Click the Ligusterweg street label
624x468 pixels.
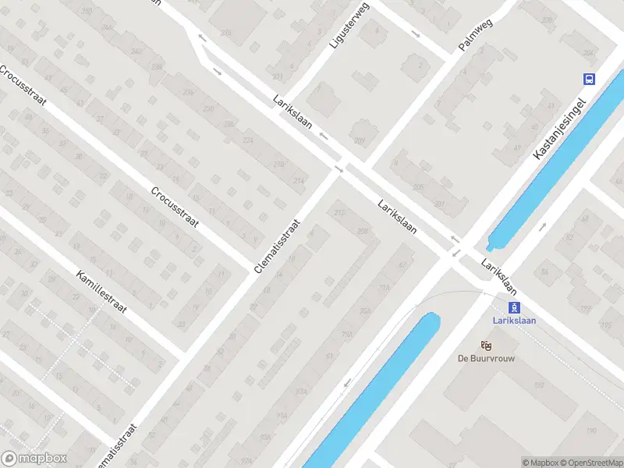[347, 26]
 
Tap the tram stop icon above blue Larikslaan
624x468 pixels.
[513, 307]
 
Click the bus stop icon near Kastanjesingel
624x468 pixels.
[588, 78]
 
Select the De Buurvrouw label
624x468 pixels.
[486, 359]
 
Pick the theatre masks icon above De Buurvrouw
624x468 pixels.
[486, 345]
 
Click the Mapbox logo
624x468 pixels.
[34, 459]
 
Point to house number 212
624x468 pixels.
[339, 213]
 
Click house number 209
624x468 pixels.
[359, 141]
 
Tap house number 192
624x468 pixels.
[538, 385]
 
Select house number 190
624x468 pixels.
[591, 431]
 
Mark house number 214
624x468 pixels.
[298, 181]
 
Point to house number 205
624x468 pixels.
[418, 187]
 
